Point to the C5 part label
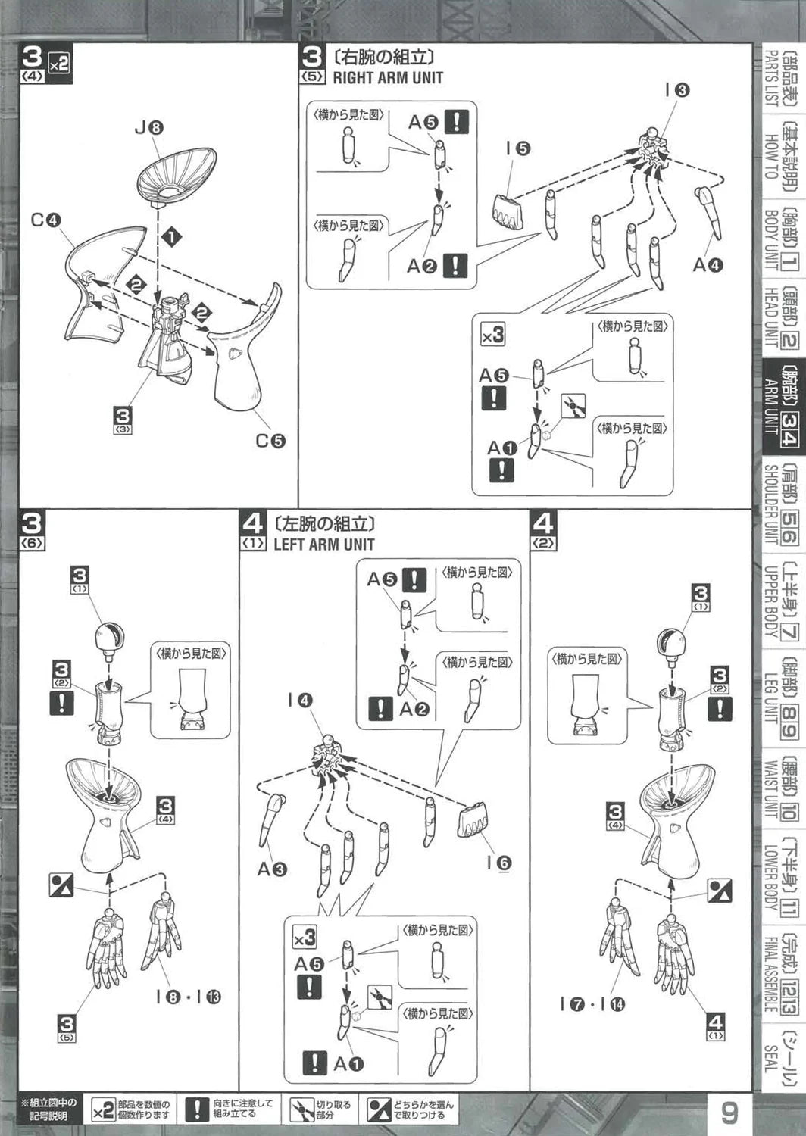coord(270,440)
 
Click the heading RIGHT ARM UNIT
coord(388,77)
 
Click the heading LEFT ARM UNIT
coord(324,544)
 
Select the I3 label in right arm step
coord(676,89)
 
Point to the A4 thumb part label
coord(708,264)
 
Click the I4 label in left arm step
coord(300,701)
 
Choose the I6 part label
coord(498,862)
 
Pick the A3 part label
coord(272,869)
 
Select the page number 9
coord(729,1113)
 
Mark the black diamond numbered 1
coord(173,237)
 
